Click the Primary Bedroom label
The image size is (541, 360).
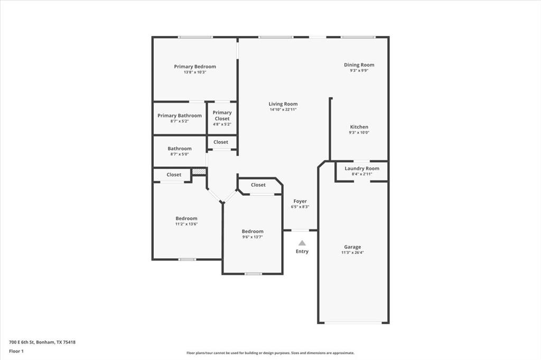click(x=195, y=67)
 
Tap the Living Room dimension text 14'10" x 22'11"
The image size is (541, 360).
click(x=283, y=110)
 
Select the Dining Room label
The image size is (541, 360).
click(x=359, y=65)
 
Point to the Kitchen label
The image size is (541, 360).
click(x=359, y=127)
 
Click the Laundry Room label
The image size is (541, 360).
click(x=362, y=168)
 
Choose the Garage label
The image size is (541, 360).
click(x=352, y=247)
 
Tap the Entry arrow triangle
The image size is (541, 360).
click(x=302, y=243)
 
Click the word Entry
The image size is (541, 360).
click(x=302, y=251)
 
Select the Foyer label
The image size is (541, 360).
click(x=300, y=201)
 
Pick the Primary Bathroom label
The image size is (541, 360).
click(x=179, y=116)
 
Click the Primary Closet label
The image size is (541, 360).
click(x=222, y=116)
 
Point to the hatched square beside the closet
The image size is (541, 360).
click(x=199, y=172)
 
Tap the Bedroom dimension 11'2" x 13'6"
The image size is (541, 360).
click(x=186, y=224)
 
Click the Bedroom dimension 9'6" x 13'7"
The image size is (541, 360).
click(x=253, y=237)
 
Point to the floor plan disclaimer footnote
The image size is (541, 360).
click(x=270, y=353)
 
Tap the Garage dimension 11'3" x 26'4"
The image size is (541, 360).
click(x=352, y=253)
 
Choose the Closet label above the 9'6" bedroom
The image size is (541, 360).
click(x=258, y=185)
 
